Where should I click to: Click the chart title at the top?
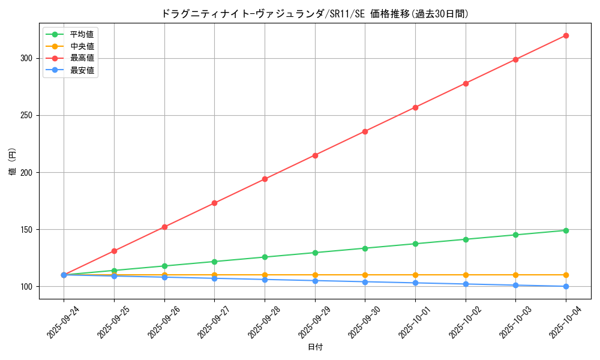tap(315, 14)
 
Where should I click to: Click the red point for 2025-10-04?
tap(566, 35)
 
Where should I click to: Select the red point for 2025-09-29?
tap(315, 155)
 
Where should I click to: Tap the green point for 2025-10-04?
tap(566, 230)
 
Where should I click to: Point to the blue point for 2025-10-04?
tap(566, 286)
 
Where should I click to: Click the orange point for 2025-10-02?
tap(466, 275)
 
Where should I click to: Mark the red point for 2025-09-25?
tap(114, 251)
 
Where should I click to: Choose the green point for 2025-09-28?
tap(265, 257)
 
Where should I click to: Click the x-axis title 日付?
tap(315, 347)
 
